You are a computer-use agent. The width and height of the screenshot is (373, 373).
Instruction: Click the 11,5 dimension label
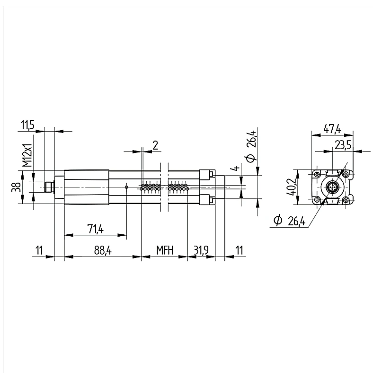[28, 125]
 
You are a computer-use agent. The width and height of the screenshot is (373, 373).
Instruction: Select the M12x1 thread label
[27, 155]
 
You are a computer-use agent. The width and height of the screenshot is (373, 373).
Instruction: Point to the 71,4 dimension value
[96, 229]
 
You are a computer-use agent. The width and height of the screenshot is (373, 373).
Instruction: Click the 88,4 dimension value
[103, 250]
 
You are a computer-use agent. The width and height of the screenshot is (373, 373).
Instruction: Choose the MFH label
[165, 250]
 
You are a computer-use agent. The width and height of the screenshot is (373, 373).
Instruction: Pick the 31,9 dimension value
[201, 250]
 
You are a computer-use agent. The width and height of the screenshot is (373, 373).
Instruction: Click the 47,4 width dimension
[332, 129]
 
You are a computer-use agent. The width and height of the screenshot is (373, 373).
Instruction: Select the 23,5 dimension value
[343, 145]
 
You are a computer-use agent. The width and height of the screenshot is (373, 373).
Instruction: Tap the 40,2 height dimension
[292, 187]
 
